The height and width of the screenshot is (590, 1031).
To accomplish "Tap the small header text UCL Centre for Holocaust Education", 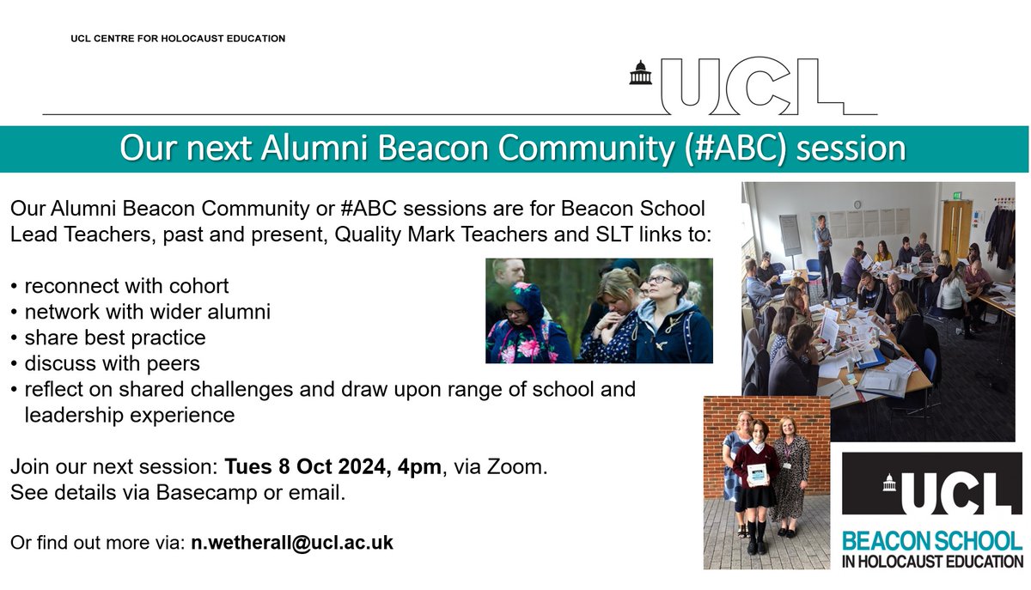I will coord(178,39).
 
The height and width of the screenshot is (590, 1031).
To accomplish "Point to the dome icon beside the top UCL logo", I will coord(640,74).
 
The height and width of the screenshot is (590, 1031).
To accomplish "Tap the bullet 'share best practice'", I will coord(113,338).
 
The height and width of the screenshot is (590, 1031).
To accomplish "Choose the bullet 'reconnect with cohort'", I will coord(125,285).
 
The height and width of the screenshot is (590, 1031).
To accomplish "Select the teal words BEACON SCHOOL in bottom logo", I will coord(931,541).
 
